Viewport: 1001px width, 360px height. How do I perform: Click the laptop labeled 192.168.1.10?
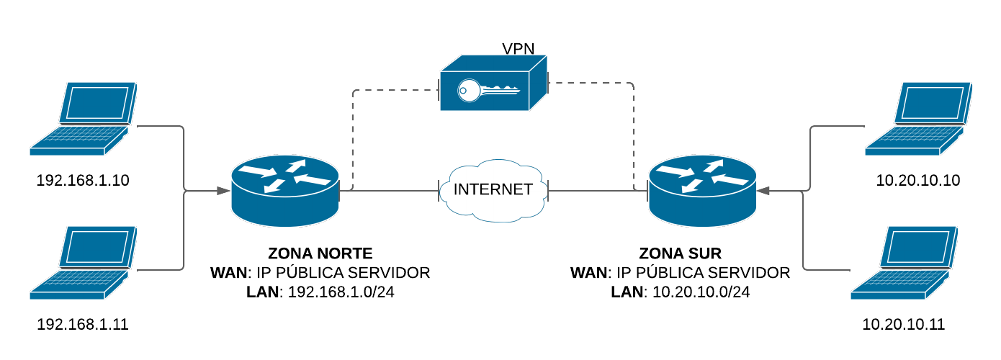click(84, 118)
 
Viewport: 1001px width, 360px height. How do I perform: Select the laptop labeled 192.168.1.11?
click(84, 262)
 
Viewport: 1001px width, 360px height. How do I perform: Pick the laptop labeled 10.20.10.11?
click(905, 262)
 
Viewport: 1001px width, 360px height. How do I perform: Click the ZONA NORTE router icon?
click(285, 191)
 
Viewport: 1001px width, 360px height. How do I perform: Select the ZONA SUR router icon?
click(702, 191)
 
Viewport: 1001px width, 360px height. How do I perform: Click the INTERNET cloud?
click(493, 190)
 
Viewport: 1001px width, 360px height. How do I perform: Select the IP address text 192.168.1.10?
click(83, 180)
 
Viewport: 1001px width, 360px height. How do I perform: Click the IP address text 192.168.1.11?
click(83, 325)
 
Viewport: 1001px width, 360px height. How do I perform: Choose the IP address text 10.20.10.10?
click(918, 180)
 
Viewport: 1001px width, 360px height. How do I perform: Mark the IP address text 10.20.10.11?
click(903, 325)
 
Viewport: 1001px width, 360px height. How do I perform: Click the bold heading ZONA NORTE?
click(320, 253)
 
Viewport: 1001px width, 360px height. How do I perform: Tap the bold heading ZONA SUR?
click(680, 253)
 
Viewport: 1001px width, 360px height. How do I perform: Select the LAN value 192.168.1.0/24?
click(341, 292)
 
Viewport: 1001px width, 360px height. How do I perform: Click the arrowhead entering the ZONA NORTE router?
click(225, 191)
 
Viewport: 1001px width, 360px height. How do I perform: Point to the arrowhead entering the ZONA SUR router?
click(764, 191)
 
